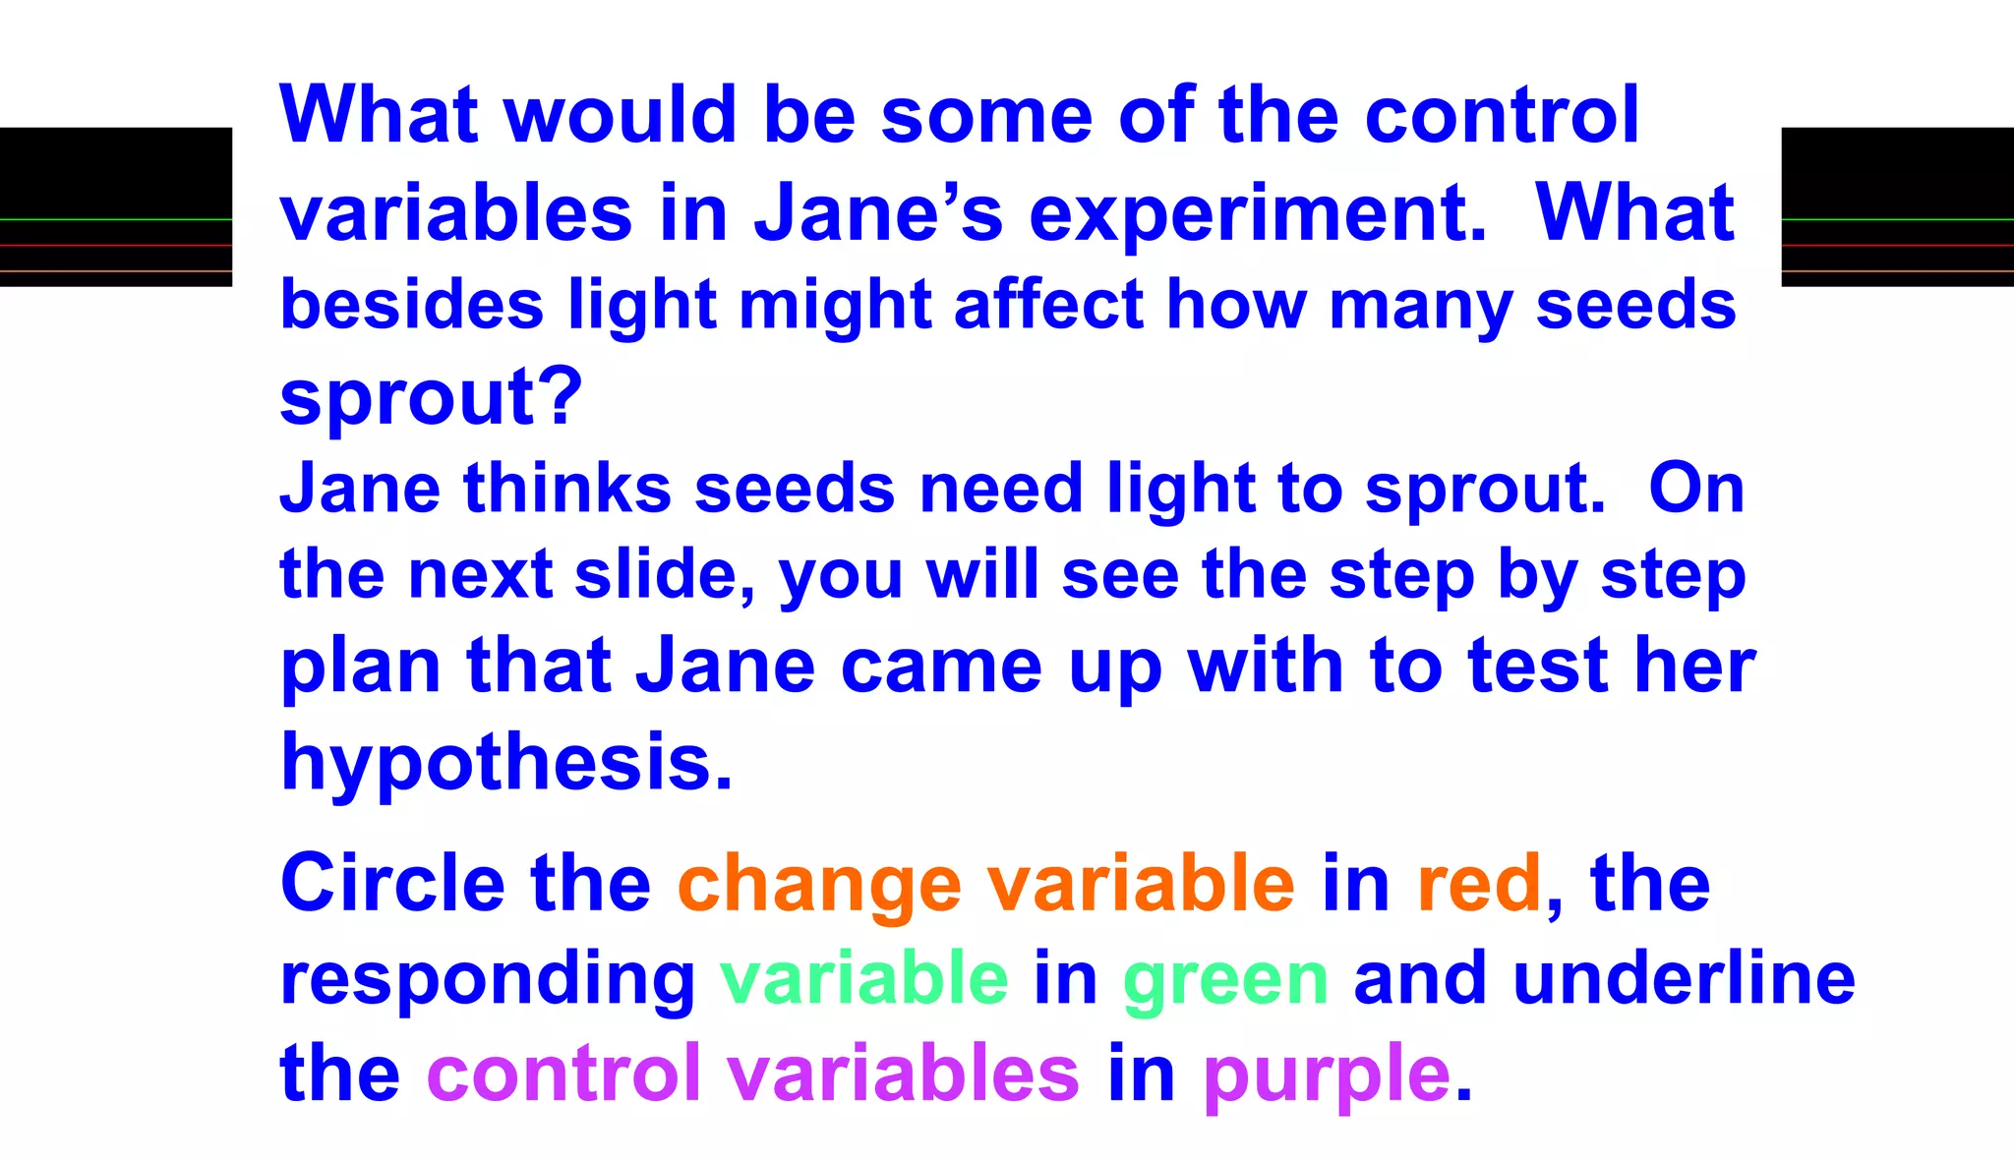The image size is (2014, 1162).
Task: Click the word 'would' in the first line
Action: [621, 115]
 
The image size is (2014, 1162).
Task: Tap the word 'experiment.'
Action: [1258, 214]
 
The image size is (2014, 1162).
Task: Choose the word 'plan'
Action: [361, 668]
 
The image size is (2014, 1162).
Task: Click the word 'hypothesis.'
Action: [506, 763]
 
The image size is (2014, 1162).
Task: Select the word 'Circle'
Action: [392, 884]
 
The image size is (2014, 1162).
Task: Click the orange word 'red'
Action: [1479, 884]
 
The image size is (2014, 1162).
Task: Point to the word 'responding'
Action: [489, 981]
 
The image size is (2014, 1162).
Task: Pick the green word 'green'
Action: [1225, 981]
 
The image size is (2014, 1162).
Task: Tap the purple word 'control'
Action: [563, 1073]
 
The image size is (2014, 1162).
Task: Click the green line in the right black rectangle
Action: [1897, 219]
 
